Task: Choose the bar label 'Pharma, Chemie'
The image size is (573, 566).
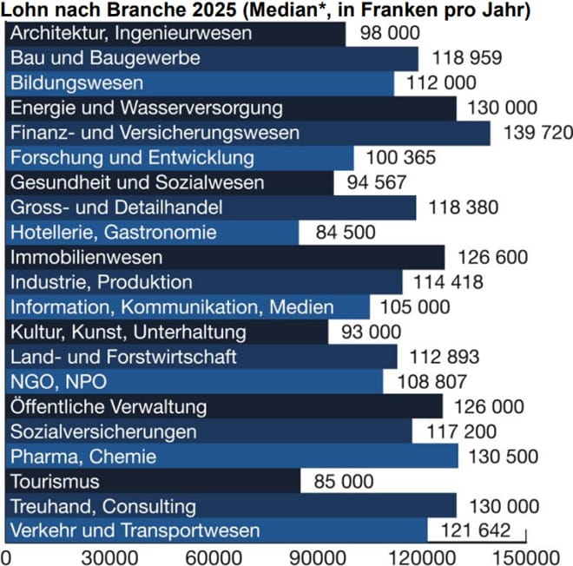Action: click(x=83, y=457)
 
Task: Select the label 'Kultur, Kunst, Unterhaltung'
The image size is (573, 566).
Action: click(x=128, y=332)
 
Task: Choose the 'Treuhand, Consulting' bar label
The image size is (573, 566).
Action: click(x=103, y=506)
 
